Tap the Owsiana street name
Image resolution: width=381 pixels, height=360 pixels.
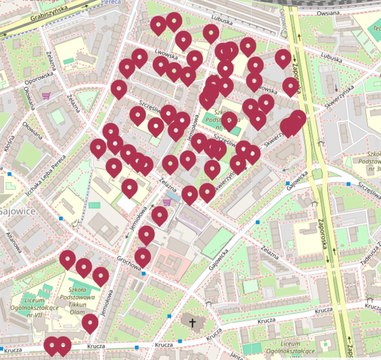tap(328, 13)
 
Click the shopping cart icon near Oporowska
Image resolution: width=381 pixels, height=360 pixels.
tap(45, 96)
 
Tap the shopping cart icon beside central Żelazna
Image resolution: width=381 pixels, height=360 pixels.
tap(166, 203)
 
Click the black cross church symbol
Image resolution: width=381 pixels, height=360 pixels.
tap(192, 323)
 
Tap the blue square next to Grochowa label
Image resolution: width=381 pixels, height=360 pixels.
tap(144, 273)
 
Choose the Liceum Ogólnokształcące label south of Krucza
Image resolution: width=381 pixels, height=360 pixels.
tap(297, 347)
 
